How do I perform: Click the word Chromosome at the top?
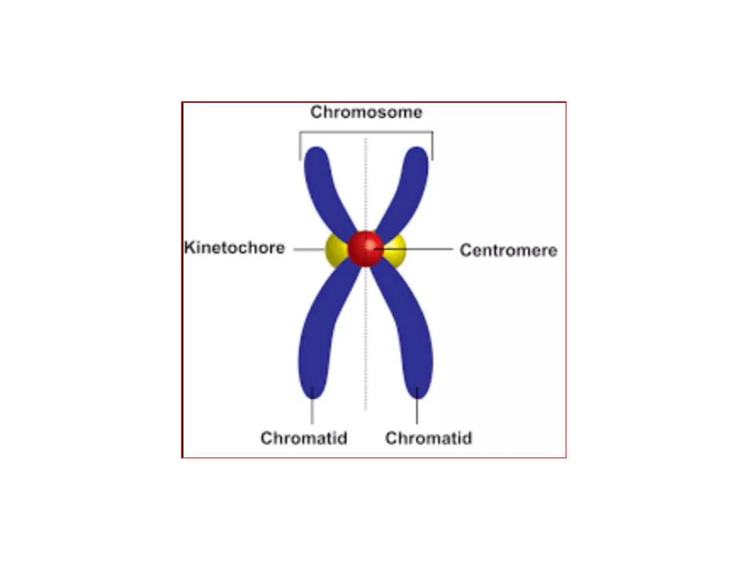pos(366,112)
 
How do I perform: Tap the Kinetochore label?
pos(235,248)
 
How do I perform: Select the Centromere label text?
pos(508,250)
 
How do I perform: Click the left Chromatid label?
pos(304,438)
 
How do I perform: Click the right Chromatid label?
pos(428,438)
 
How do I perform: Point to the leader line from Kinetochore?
pos(309,249)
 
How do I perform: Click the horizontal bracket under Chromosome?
pos(366,132)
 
